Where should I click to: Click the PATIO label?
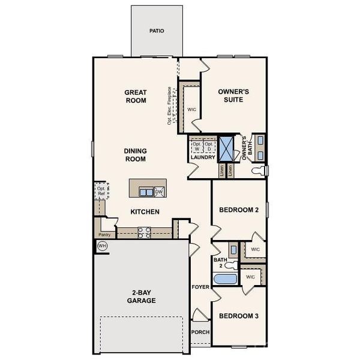(157, 31)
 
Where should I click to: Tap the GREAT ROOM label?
(136, 97)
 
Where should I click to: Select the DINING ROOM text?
(136, 155)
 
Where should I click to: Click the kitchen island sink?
(146, 192)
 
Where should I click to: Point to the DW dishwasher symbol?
(160, 192)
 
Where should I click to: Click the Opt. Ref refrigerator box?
(101, 191)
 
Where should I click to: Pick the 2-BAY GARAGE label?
(137, 296)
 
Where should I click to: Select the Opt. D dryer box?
(209, 148)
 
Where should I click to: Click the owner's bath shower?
(227, 148)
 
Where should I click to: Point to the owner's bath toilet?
(259, 171)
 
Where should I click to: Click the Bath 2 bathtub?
(226, 279)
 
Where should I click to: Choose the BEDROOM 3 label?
(238, 316)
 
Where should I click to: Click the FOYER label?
(200, 287)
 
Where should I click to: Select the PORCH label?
(200, 332)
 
